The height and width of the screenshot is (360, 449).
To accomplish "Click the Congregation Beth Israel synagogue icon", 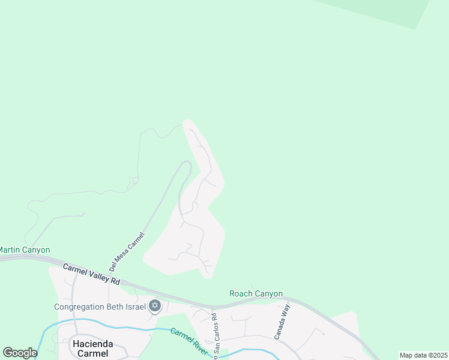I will (154, 307).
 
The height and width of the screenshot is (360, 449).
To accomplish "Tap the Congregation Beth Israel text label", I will (100, 307).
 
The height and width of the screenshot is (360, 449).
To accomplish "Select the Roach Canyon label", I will (256, 293).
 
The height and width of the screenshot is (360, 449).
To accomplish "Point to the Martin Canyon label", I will (25, 250).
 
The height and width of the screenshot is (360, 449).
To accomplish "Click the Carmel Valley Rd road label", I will (92, 274).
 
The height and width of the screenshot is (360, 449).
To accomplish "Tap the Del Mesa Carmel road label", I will (127, 251).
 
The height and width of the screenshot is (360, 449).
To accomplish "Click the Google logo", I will (20, 353).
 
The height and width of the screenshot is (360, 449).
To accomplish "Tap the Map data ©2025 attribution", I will (423, 355).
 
